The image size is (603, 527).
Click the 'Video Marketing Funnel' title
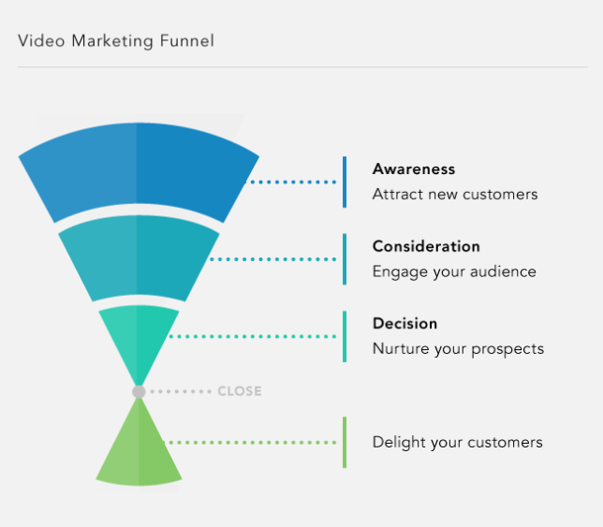tap(116, 41)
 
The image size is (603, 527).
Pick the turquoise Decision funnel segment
tap(139, 338)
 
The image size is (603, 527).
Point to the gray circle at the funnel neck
tap(139, 391)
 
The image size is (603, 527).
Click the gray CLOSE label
tap(240, 391)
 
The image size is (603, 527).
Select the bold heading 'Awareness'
tap(414, 169)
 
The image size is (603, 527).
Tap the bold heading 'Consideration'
tap(426, 246)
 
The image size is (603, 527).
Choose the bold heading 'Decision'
tap(404, 324)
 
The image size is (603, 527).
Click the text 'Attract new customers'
tap(455, 194)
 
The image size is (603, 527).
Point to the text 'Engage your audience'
tap(454, 272)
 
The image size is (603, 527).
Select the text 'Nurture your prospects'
tap(459, 349)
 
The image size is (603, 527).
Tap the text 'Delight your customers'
tap(458, 443)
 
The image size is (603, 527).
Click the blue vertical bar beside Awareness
tap(345, 183)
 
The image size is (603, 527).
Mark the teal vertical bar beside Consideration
tap(345, 259)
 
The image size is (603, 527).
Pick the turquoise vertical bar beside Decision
tap(345, 336)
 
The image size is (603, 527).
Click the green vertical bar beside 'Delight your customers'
tap(345, 443)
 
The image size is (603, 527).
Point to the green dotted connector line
tap(249, 443)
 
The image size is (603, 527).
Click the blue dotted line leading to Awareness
tap(290, 183)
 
